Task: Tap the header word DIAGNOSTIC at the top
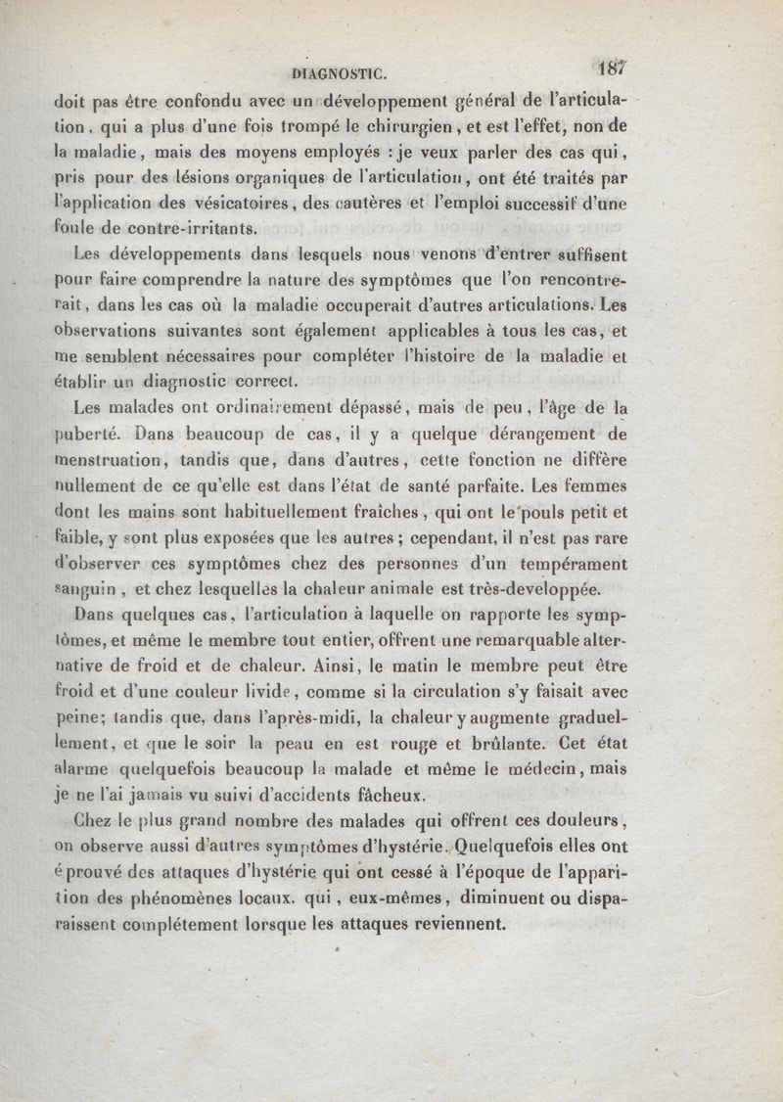(340, 71)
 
